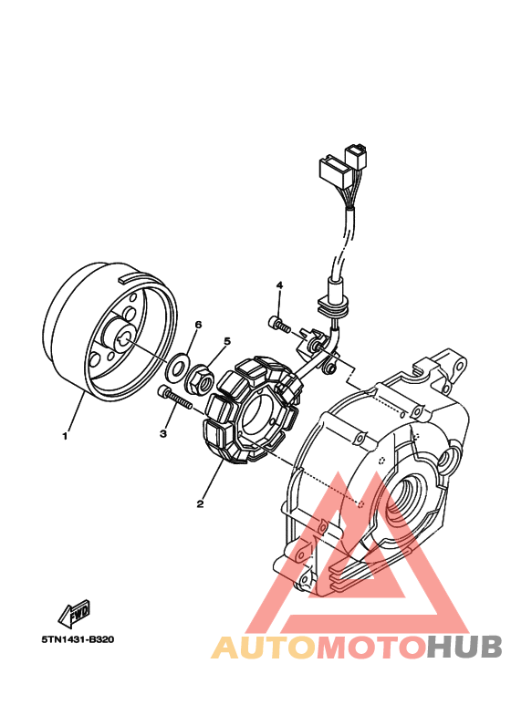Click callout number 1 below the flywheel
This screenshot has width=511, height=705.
coord(65,436)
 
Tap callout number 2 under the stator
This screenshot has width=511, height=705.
coord(200,502)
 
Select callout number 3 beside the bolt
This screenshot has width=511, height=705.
coord(163,434)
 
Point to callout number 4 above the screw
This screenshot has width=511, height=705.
coord(280,286)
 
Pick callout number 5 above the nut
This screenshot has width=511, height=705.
coord(227,341)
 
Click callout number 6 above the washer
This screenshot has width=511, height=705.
coord(197,325)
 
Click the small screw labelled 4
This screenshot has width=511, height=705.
coord(278,323)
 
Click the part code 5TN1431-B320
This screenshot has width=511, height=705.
coord(77,639)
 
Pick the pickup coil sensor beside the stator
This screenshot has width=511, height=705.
coord(316,342)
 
